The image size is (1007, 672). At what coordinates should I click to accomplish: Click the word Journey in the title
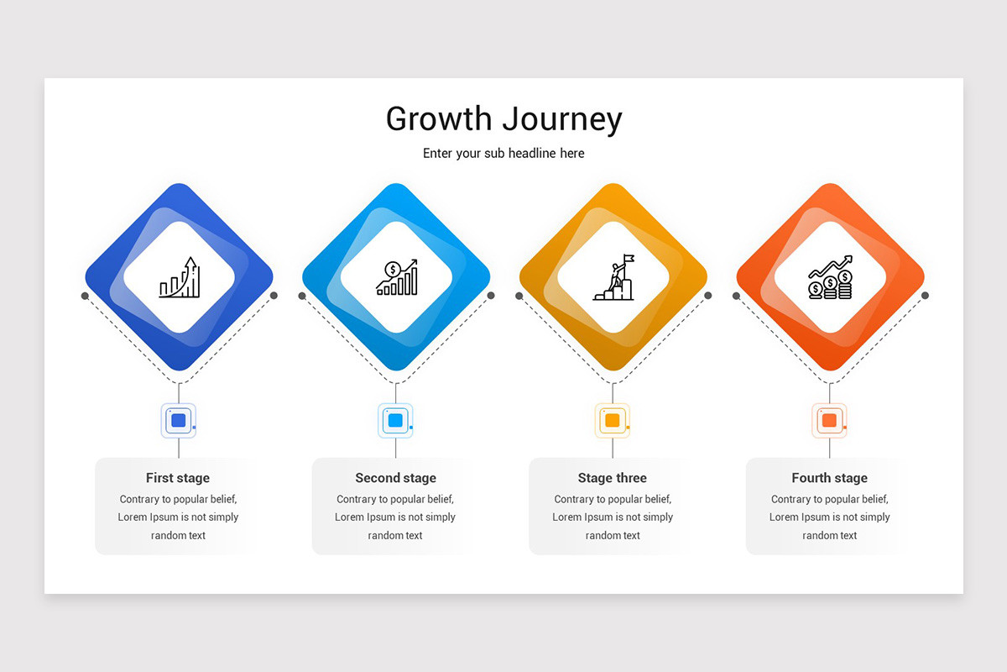click(564, 119)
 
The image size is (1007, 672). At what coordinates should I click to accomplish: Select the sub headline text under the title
click(503, 153)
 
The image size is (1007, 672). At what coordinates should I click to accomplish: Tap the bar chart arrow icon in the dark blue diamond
click(180, 277)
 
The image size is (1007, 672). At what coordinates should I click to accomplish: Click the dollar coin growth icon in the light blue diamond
click(396, 277)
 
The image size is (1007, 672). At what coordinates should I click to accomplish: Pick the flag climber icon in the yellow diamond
click(613, 277)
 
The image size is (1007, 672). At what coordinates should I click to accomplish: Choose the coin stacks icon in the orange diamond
click(830, 277)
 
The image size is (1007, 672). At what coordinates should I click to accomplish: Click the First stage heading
click(178, 478)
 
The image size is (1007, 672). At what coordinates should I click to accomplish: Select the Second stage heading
click(395, 478)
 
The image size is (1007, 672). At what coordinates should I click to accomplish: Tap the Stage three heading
click(613, 478)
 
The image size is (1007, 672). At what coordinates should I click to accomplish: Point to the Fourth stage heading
click(829, 478)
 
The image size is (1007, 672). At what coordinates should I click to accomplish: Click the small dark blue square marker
click(178, 420)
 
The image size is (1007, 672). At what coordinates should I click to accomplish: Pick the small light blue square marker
click(395, 420)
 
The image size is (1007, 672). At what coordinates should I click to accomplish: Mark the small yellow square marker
click(613, 420)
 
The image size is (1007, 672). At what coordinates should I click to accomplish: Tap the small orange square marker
click(829, 420)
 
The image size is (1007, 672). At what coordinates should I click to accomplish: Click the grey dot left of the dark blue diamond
click(85, 296)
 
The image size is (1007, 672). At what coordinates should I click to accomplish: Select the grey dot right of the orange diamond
click(925, 296)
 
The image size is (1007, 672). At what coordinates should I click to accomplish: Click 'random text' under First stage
click(178, 535)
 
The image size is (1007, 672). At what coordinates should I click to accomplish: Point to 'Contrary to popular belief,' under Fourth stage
click(829, 499)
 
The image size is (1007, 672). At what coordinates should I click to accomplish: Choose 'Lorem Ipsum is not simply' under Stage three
click(613, 517)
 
